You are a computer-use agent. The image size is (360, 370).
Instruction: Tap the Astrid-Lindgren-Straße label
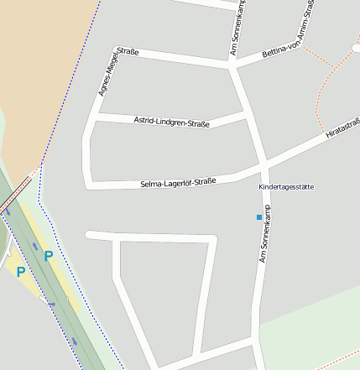172,122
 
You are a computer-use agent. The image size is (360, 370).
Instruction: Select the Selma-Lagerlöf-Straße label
178,181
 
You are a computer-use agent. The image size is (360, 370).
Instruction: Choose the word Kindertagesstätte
286,186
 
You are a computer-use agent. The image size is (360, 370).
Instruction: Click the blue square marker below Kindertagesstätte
258,217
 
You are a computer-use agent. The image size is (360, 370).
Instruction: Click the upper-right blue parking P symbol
48,255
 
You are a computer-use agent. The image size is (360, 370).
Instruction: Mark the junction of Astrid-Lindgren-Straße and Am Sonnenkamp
246,110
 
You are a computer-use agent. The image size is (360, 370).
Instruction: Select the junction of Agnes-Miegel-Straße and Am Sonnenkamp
232,63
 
